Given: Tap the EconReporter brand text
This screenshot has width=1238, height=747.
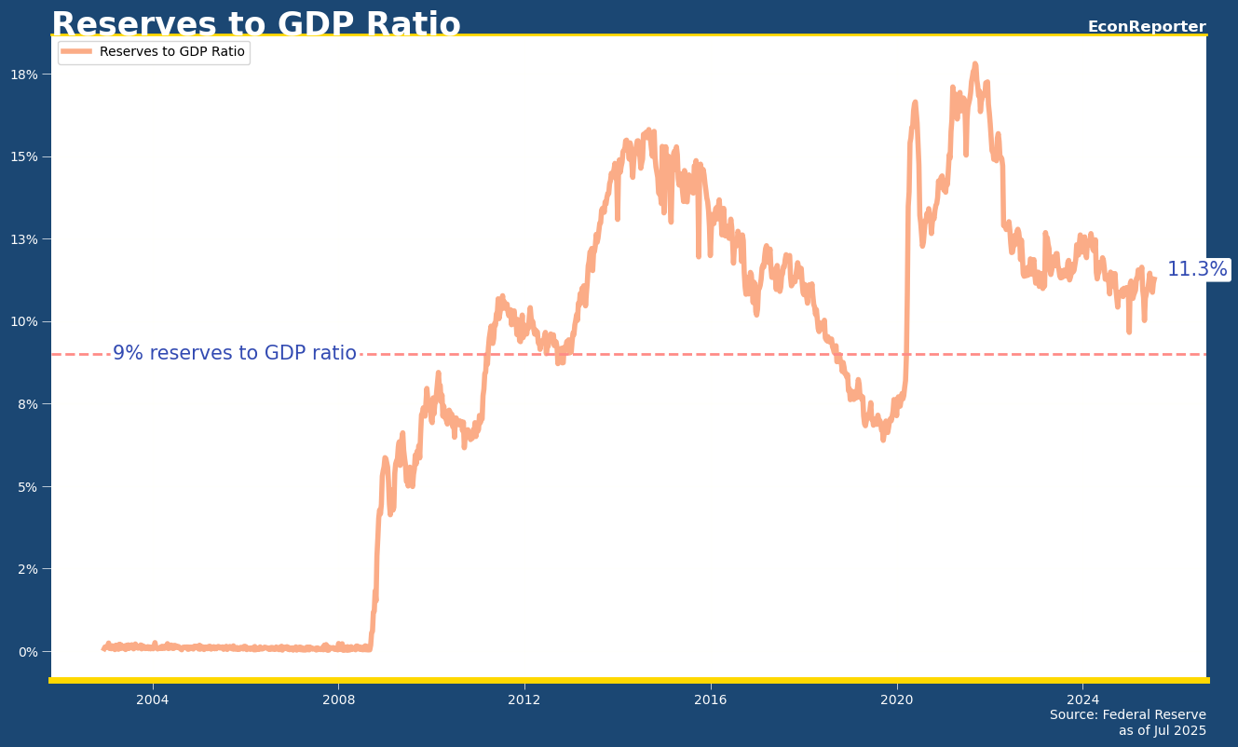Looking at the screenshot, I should [1146, 27].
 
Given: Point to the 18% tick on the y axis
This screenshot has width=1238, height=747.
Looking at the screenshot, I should [25, 75].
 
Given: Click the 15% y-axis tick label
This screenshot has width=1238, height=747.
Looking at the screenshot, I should [25, 156].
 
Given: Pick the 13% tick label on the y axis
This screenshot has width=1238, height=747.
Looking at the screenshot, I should [25, 239].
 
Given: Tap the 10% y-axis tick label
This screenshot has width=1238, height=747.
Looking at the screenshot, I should [25, 321].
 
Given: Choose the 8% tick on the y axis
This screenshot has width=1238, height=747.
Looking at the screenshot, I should [28, 404].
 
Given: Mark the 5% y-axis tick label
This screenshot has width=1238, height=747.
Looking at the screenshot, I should [28, 486].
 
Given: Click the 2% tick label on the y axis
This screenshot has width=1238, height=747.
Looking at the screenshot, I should [28, 569].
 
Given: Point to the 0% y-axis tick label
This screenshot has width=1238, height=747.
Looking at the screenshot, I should [28, 651].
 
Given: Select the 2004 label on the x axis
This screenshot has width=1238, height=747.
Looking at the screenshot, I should [153, 699].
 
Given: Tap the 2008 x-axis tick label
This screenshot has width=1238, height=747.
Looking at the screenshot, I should [338, 699].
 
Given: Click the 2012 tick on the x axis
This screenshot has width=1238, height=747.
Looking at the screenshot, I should [524, 699].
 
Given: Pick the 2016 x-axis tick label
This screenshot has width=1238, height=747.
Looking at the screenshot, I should [711, 699].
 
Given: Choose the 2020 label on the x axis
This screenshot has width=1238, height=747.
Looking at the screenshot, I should [897, 699].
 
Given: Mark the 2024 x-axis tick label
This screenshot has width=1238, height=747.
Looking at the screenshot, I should [1082, 699].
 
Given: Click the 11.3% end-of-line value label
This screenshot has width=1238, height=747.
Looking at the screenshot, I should [1196, 270].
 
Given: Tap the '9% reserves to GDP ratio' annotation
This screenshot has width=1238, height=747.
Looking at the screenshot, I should [234, 354].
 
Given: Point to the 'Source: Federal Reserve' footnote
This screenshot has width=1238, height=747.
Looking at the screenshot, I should [1127, 715].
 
